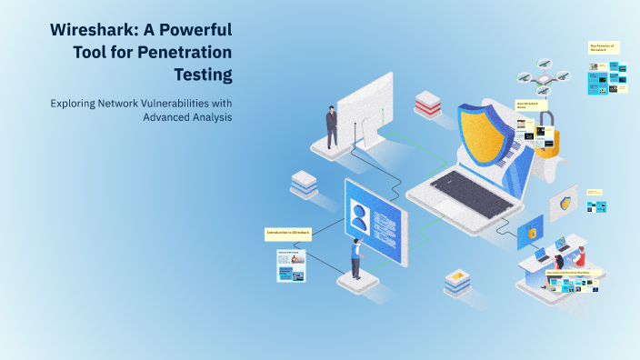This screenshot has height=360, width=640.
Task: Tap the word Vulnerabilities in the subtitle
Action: pyautogui.click(x=163, y=103)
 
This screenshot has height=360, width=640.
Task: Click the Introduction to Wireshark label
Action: pyautogui.click(x=288, y=234)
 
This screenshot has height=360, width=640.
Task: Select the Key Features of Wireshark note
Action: pyautogui.click(x=603, y=47)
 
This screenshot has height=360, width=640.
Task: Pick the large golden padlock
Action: pyautogui.click(x=545, y=138)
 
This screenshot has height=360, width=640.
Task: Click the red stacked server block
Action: pyautogui.click(x=427, y=104)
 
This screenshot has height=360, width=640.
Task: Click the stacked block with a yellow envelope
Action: pyautogui.click(x=456, y=282)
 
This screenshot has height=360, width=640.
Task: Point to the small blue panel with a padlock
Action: pyautogui.click(x=530, y=233)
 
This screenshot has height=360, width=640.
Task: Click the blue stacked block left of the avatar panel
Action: pyautogui.click(x=304, y=183)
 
